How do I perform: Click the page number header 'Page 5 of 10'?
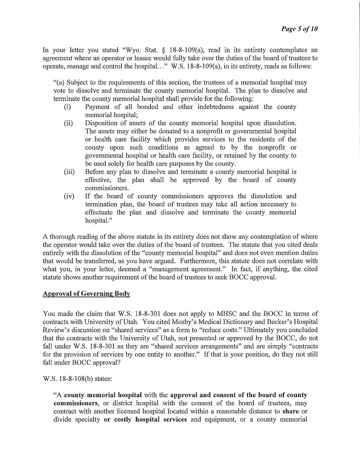[x=300, y=29]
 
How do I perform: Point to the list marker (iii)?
[x=69, y=172]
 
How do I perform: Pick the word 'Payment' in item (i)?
[x=97, y=107]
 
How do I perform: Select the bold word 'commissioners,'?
[x=75, y=403]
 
